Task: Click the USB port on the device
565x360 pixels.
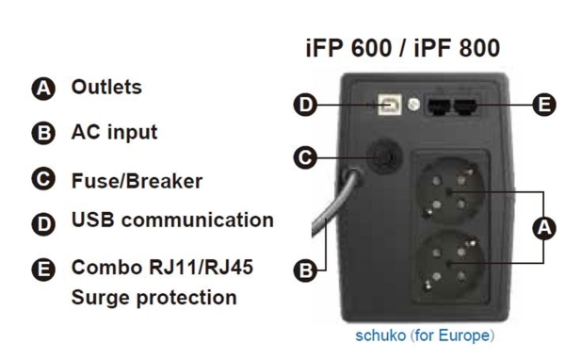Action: click(x=389, y=105)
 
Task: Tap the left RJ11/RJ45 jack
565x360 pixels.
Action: click(x=438, y=107)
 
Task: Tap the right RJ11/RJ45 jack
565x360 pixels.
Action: click(x=465, y=107)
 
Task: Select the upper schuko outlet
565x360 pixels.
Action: click(x=449, y=191)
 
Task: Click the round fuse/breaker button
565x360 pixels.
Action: click(x=384, y=156)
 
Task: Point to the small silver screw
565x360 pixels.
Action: click(x=413, y=105)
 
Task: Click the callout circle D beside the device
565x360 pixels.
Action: click(x=305, y=105)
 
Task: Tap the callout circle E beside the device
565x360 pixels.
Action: click(x=544, y=105)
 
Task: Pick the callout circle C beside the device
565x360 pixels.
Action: click(x=305, y=157)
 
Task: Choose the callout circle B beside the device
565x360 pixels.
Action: click(x=305, y=270)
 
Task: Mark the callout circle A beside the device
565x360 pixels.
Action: click(x=544, y=228)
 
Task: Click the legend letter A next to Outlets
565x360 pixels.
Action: click(x=43, y=89)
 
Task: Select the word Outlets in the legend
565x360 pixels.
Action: click(x=106, y=88)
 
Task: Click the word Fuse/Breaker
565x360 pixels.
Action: click(x=137, y=181)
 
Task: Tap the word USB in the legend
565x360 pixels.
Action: click(x=93, y=220)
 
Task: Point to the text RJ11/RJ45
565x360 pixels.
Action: click(x=201, y=268)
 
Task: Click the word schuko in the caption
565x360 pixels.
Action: click(x=380, y=335)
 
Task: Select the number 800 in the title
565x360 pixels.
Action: click(x=479, y=48)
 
